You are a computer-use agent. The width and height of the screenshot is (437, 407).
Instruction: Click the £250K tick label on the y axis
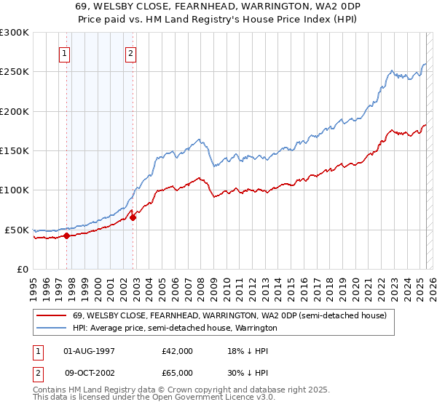(x=15, y=72)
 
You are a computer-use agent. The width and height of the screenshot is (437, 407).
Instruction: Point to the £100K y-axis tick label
(x=15, y=190)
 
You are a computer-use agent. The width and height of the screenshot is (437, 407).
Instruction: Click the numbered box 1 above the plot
(x=66, y=52)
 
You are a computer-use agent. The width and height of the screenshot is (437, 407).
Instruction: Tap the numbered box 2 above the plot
(x=130, y=52)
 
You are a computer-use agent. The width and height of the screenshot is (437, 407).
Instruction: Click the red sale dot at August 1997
(x=66, y=235)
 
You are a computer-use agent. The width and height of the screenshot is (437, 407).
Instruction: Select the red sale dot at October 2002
(x=133, y=217)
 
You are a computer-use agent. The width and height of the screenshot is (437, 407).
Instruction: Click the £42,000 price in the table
(x=178, y=351)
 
